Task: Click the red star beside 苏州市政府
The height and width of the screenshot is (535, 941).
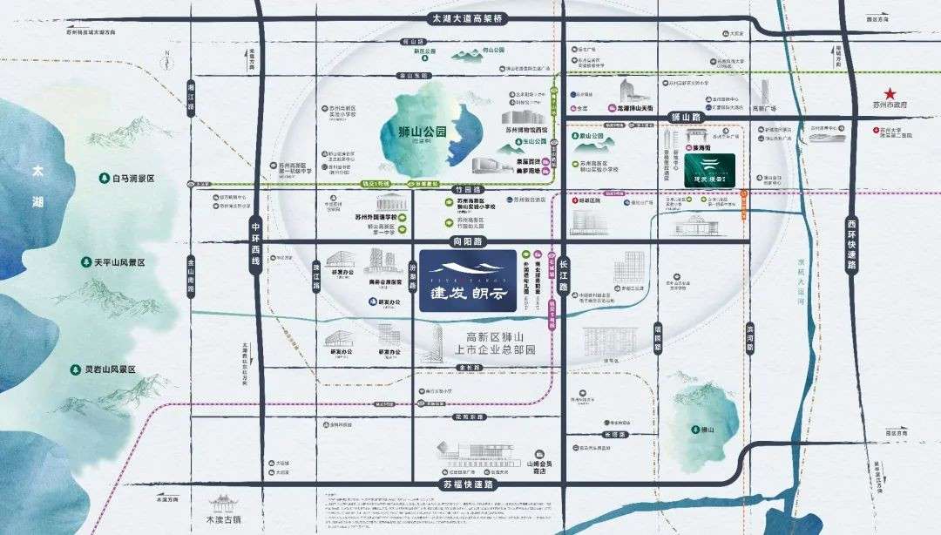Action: (x=891, y=93)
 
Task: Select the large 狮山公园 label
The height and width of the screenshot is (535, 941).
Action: (x=416, y=133)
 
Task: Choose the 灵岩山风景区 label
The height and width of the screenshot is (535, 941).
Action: (x=104, y=369)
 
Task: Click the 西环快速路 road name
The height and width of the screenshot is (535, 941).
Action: (x=851, y=247)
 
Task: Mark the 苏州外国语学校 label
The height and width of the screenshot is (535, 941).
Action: (x=376, y=217)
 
